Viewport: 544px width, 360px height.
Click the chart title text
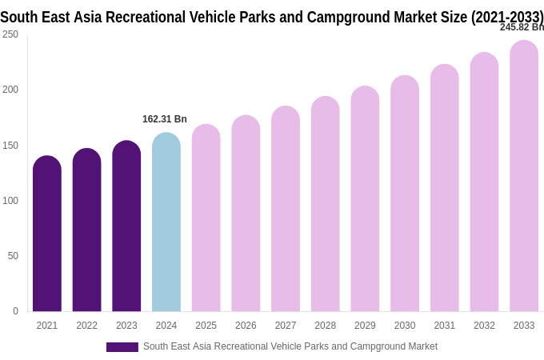coord(272,17)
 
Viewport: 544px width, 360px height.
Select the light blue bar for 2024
coord(166,224)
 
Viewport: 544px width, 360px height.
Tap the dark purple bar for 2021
coord(47,236)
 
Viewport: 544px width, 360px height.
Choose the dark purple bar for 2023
coord(126,228)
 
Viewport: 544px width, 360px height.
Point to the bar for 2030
coord(405,195)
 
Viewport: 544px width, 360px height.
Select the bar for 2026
coord(246,215)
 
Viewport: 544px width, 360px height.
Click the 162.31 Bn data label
coord(165,119)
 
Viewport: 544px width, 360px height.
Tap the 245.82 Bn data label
coord(521,27)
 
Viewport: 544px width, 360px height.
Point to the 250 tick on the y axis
coord(10,34)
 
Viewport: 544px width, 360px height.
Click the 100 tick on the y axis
coord(10,201)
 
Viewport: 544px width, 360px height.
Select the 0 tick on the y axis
coord(15,311)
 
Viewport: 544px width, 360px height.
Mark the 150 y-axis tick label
coord(10,146)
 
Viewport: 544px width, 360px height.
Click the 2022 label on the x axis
coord(86,326)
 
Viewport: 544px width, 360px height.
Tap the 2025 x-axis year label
coord(206,326)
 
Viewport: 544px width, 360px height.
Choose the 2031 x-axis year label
coord(444,326)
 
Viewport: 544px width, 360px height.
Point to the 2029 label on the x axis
coord(365,326)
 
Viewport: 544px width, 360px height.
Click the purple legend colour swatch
coord(122,347)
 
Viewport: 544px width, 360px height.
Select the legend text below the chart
coord(290,346)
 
